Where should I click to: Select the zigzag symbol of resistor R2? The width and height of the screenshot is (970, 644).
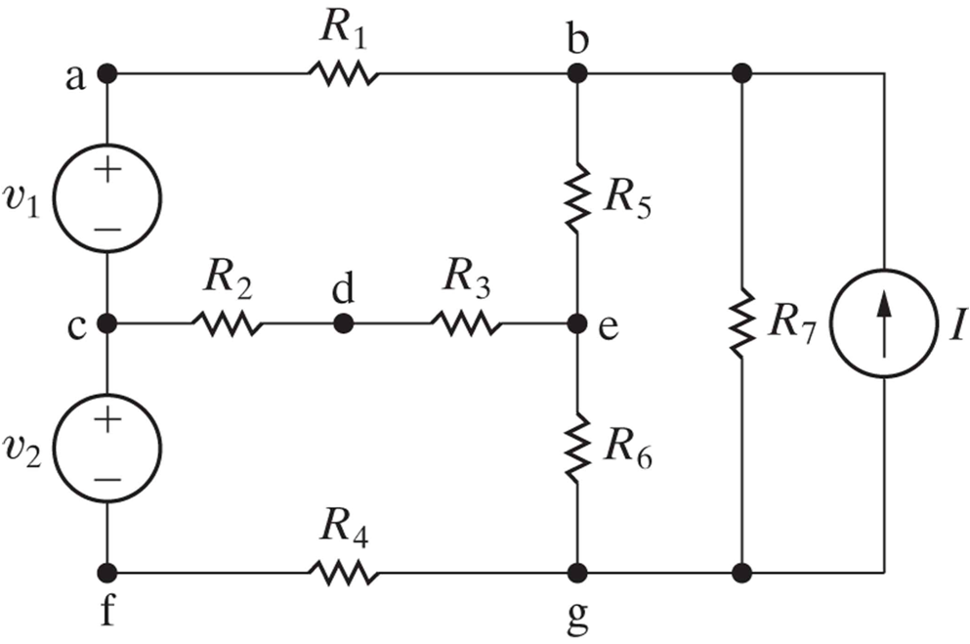tap(227, 323)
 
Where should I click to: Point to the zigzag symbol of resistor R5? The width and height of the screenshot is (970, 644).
tap(577, 198)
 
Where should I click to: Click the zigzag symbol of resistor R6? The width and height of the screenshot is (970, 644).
tap(577, 447)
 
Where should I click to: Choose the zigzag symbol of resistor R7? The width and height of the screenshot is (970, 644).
tap(741, 323)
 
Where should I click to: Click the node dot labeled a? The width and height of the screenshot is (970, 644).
tap(107, 73)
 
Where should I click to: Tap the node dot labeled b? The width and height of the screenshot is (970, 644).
tap(577, 73)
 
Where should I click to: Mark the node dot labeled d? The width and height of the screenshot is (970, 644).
tap(343, 323)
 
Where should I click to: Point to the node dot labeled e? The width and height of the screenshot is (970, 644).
tap(577, 323)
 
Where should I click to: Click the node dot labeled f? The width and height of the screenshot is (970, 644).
tap(107, 572)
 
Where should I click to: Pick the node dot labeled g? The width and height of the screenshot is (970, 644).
tap(577, 572)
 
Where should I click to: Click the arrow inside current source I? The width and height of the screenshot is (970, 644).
tap(884, 322)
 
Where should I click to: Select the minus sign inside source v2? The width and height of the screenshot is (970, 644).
tap(108, 479)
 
